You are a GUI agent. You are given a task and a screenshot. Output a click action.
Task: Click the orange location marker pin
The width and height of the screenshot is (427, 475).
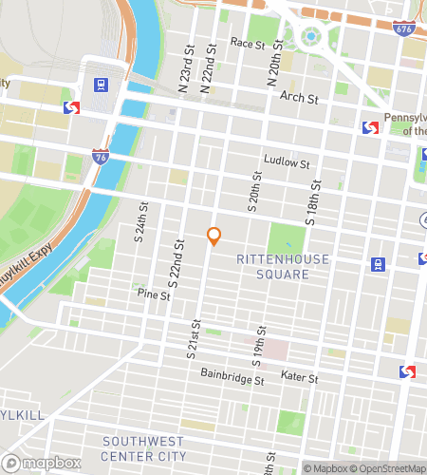[213, 236]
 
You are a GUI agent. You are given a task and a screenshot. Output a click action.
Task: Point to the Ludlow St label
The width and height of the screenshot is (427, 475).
[288, 163]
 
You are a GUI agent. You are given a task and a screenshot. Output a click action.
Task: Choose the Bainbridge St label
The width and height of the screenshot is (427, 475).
[232, 378]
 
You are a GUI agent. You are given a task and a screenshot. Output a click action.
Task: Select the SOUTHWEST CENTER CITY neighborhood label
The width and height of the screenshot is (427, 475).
[145, 448]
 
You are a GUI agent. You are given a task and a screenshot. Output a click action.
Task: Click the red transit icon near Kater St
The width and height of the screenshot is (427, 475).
[407, 371]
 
